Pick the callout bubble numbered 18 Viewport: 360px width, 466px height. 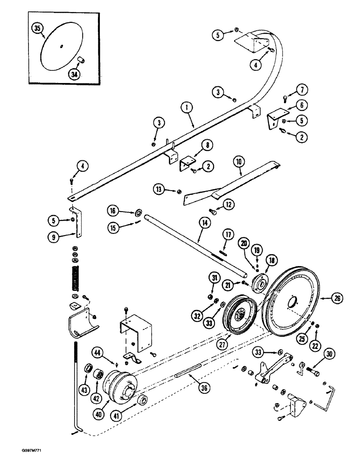pyautogui.click(x=270, y=260)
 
